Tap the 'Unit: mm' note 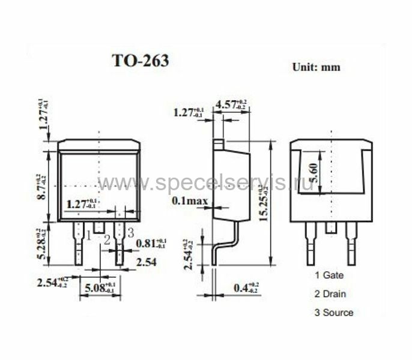pos(316,67)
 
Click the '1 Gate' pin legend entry pos(329,275)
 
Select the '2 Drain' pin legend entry pos(330,294)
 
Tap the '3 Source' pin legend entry pos(333,313)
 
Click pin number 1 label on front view pos(88,235)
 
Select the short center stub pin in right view pos(331,227)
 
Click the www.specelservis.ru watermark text pos(204,183)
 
